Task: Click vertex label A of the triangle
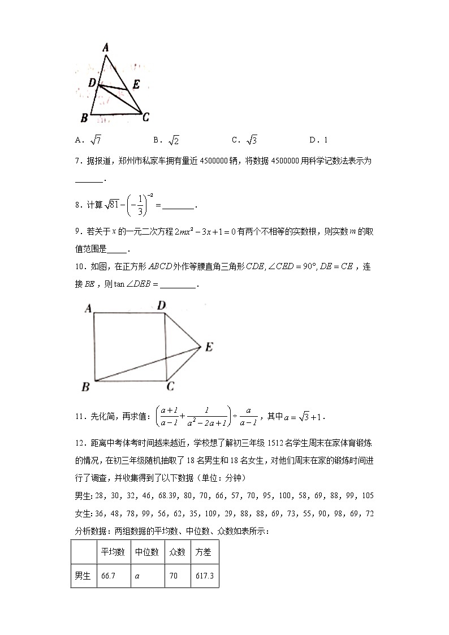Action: (105, 49)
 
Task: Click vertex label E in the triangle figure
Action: (136, 85)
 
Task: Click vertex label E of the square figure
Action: (209, 347)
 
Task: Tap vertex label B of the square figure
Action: (86, 387)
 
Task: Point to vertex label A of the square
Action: (88, 308)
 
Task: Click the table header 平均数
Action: (113, 552)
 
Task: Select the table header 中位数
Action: (146, 552)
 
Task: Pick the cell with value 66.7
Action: (108, 576)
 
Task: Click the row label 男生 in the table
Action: (83, 576)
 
